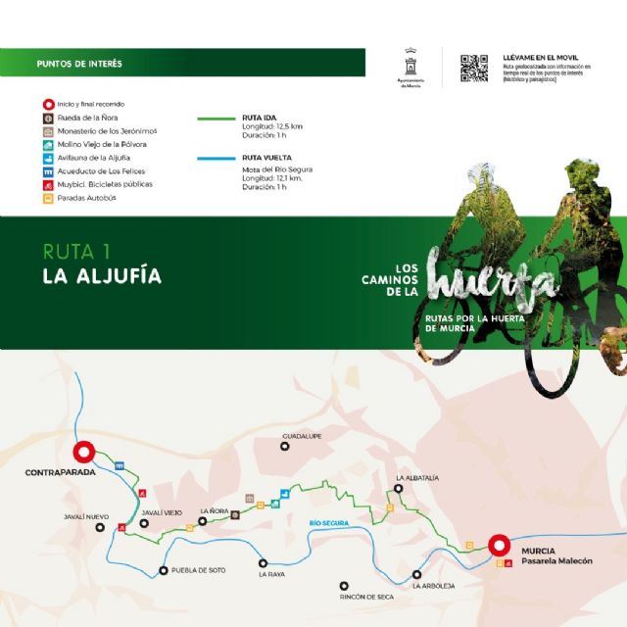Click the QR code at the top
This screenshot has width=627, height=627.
click(x=474, y=68)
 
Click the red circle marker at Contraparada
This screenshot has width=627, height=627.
click(x=83, y=452)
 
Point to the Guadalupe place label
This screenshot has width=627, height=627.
click(x=302, y=435)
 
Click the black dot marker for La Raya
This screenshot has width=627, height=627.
click(x=263, y=562)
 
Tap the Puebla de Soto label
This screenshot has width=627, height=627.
click(x=198, y=570)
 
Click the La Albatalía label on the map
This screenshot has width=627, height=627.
click(x=416, y=477)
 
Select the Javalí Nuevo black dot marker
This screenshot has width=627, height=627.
click(x=100, y=526)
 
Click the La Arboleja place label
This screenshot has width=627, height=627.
click(x=433, y=586)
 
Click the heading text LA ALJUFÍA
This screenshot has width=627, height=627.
click(x=102, y=275)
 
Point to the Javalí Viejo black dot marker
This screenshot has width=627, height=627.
click(x=144, y=523)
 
